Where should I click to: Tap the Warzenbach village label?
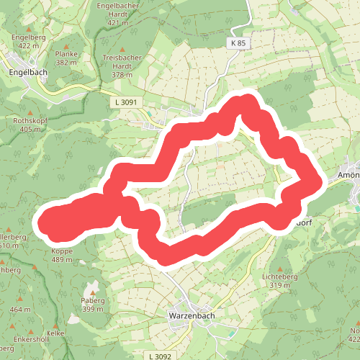point(190,315)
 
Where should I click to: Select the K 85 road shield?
point(238,44)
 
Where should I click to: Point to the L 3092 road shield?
point(158,356)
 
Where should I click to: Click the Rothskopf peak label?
point(30,121)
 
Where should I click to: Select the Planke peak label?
point(66,54)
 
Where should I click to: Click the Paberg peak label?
point(94,300)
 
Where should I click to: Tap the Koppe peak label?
point(63,251)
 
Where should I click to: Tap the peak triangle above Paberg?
point(93,287)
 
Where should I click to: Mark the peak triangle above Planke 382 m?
point(66,42)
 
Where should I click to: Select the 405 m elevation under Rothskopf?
point(31,130)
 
